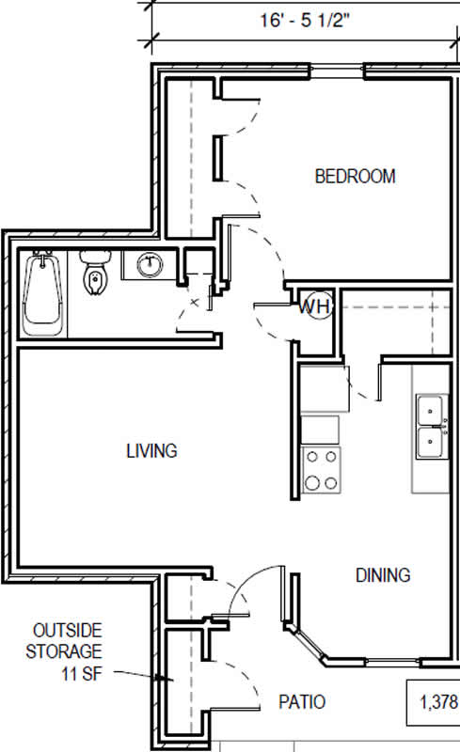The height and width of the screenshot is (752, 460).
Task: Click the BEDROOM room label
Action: click(x=355, y=177)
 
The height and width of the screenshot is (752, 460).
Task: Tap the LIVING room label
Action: click(x=151, y=451)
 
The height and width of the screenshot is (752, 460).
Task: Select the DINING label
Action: click(x=383, y=575)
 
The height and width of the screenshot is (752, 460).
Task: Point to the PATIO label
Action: click(x=302, y=701)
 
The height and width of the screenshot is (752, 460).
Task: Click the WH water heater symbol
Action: click(x=314, y=306)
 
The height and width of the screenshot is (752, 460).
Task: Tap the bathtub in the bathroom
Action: click(x=43, y=295)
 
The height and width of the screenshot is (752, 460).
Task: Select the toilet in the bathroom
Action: click(x=95, y=271)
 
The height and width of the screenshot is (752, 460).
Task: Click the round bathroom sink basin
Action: click(x=150, y=265)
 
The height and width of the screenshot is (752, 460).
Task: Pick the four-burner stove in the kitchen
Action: click(x=321, y=469)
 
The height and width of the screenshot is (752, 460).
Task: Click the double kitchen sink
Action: click(x=431, y=427)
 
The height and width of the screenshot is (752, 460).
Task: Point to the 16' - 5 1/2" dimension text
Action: click(x=305, y=21)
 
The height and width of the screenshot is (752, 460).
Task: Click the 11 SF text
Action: click(x=82, y=673)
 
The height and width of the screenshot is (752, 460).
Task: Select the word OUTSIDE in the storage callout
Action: click(x=67, y=630)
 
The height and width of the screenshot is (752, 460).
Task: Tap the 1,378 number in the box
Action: click(x=439, y=702)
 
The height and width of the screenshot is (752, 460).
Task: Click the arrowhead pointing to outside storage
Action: click(x=168, y=679)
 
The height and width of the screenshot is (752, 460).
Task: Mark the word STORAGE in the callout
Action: click(x=64, y=651)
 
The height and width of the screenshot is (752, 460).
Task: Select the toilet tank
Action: click(x=95, y=257)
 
